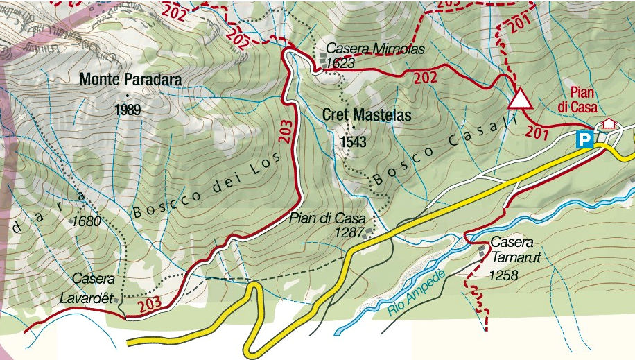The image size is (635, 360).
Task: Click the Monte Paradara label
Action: coord(130,80)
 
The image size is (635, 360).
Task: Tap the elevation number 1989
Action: coord(129,110)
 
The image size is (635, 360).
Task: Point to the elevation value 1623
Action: coord(340,63)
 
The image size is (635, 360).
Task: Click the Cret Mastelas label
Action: coord(367,114)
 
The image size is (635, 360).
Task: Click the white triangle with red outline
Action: coord(519,100)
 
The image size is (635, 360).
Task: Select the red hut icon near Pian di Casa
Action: coord(609,123)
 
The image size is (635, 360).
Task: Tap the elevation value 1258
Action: coord(503,275)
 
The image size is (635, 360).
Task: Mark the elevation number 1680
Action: coord(87,222)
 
